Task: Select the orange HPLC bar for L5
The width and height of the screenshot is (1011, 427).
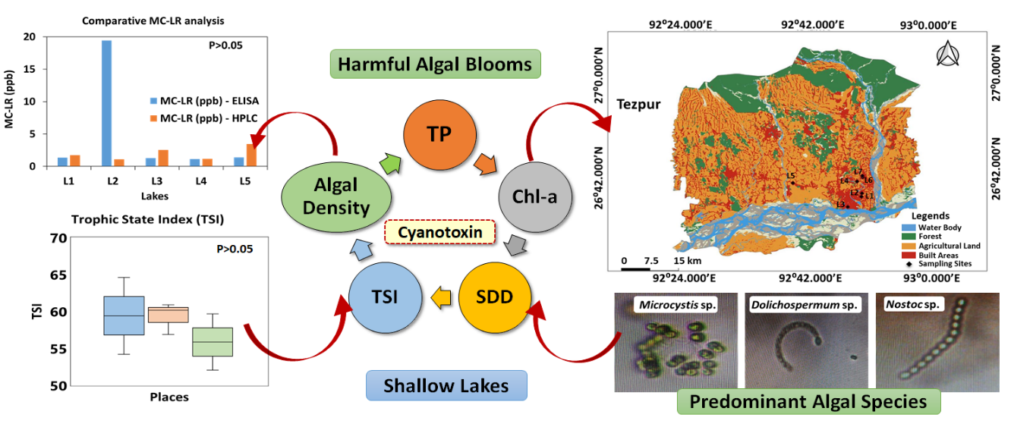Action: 251,155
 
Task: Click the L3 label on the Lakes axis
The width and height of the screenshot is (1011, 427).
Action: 156,181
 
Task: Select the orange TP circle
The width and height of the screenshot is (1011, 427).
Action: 439,135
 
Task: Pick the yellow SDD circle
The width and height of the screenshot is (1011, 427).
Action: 493,297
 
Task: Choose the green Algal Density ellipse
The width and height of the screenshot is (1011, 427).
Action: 336,196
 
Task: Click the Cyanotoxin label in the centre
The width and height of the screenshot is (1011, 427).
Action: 439,232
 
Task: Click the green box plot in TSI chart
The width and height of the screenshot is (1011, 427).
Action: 213,341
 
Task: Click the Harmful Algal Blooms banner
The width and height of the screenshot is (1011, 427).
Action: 435,64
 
